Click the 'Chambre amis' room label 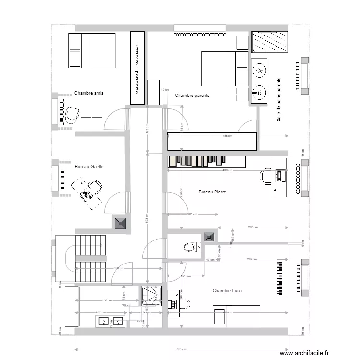(89, 93)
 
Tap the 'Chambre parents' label (192, 96)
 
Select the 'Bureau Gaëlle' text (89, 167)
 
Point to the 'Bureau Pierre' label (212, 192)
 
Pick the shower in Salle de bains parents (270, 42)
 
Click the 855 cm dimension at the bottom (181, 349)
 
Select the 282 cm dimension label (252, 227)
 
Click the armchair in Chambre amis (72, 115)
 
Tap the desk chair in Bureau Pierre (266, 176)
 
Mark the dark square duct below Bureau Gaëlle (120, 223)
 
